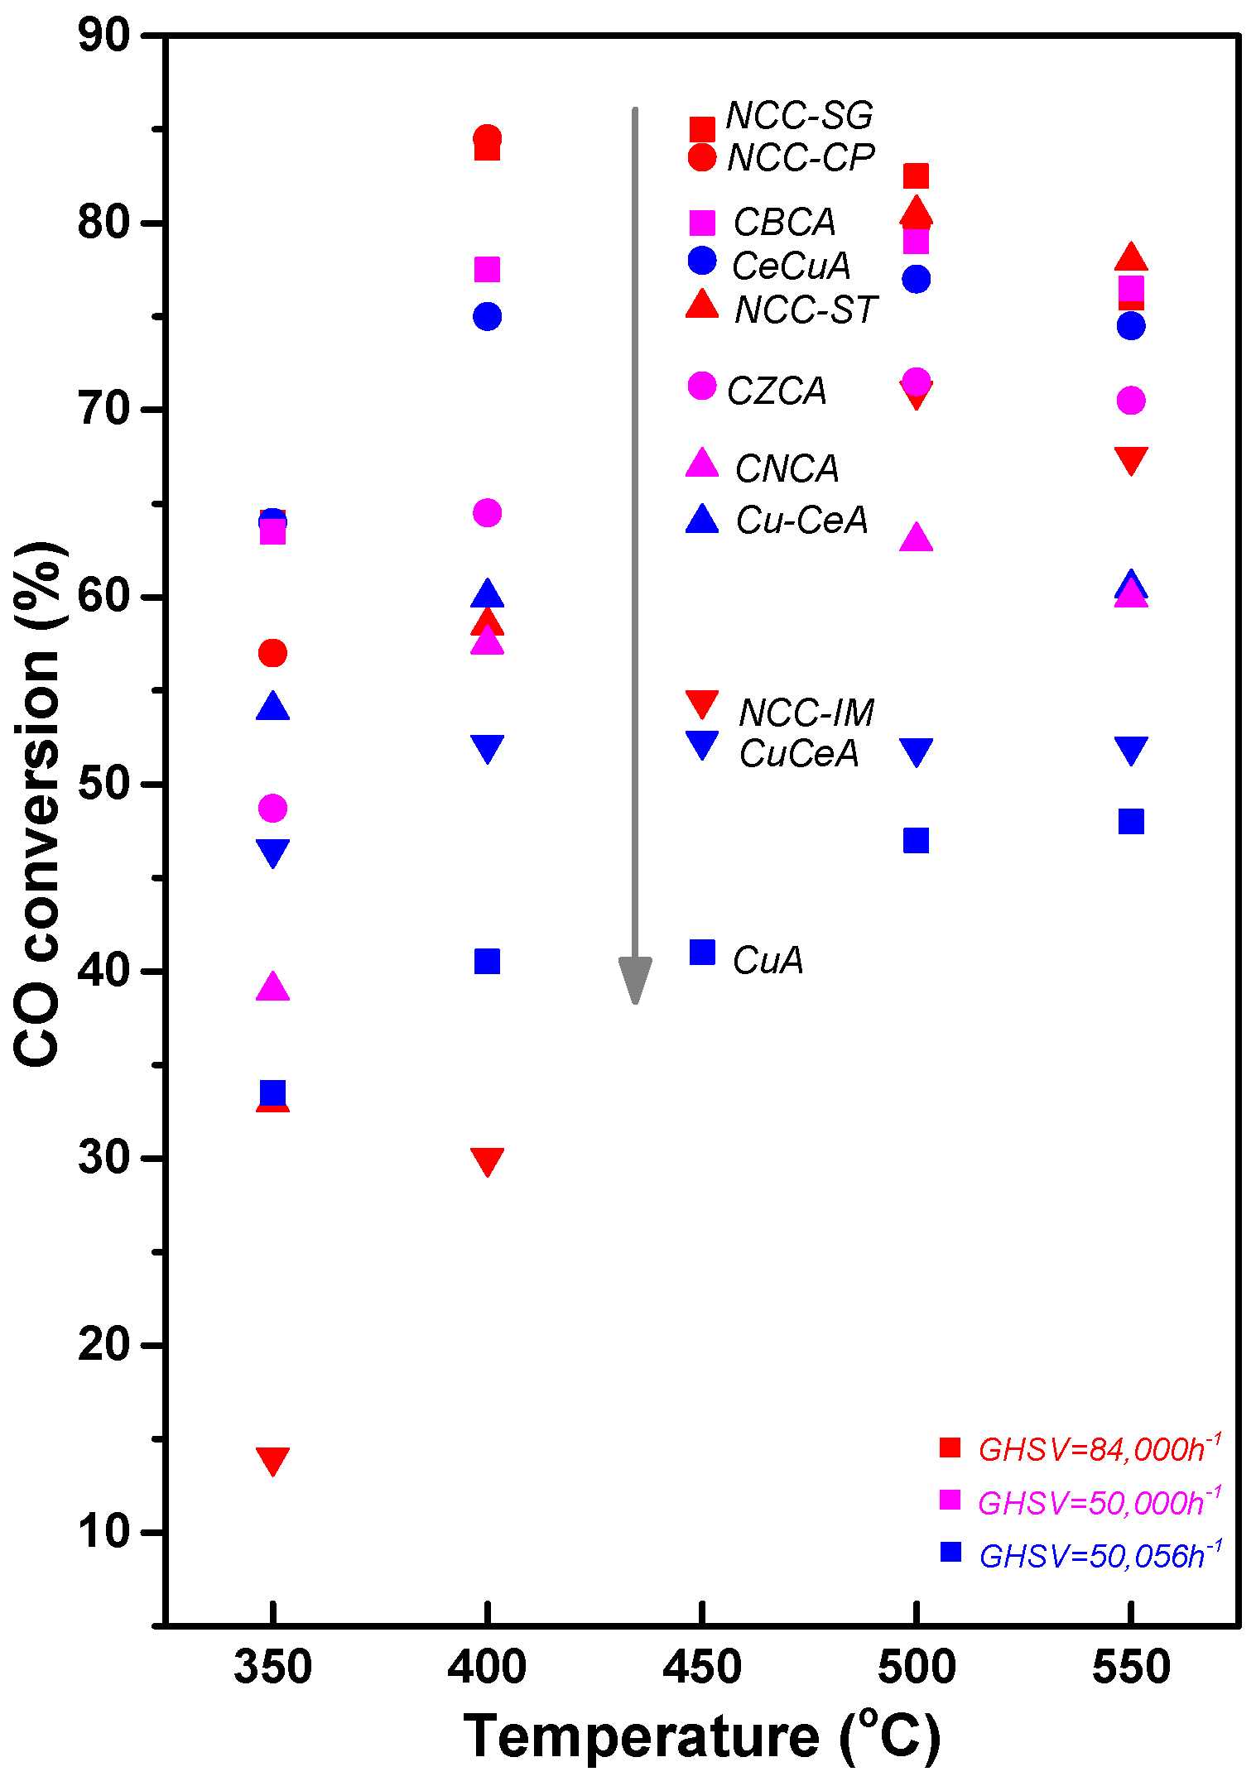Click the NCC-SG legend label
point(799,116)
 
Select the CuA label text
point(768,960)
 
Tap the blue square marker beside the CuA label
point(702,953)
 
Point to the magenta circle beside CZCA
point(702,386)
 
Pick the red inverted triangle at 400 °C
point(487,1161)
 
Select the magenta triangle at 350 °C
point(272,988)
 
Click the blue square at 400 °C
point(487,962)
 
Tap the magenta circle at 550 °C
point(1131,401)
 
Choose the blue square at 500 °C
point(916,841)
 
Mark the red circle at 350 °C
point(272,654)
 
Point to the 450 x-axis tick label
point(701,1666)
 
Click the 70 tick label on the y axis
point(104,410)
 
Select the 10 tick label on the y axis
point(104,1532)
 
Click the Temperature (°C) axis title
point(701,1736)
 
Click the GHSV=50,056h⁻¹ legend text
point(1099,1556)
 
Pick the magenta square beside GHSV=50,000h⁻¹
point(950,1500)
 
